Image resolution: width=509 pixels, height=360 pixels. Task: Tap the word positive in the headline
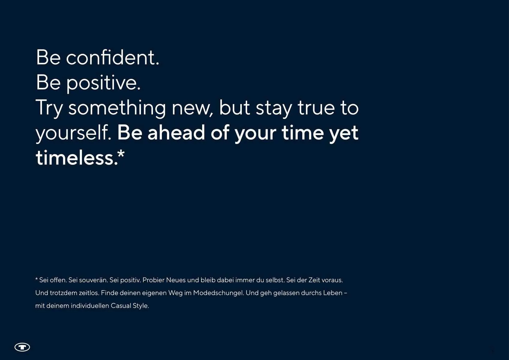click(103, 83)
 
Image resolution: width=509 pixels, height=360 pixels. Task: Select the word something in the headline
click(117, 109)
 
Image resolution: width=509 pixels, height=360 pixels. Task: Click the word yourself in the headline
click(73, 133)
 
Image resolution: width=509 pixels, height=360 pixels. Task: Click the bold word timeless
click(77, 157)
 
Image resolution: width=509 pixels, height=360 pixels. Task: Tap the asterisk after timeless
click(121, 154)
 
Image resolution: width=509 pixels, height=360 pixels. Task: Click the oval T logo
click(22, 347)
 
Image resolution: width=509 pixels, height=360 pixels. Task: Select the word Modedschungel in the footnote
click(218, 293)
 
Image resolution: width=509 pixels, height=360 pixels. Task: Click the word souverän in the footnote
click(93, 280)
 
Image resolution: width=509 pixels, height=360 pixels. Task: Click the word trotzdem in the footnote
click(64, 293)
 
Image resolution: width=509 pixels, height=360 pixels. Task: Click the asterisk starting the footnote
click(36, 279)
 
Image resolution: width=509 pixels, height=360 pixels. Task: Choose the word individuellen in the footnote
click(90, 306)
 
